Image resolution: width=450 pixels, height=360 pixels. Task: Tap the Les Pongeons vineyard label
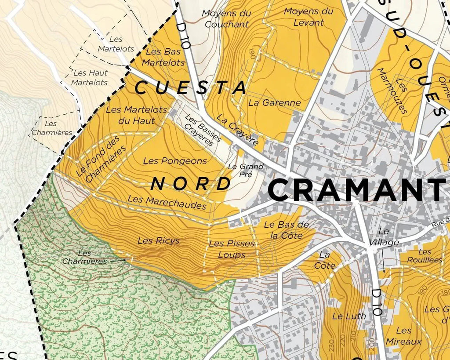pyautogui.click(x=175, y=161)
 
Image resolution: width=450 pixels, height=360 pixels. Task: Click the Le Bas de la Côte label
pyautogui.click(x=287, y=230)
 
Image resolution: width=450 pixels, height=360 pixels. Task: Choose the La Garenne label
pyautogui.click(x=275, y=103)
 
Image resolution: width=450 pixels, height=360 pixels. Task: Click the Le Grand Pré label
pyautogui.click(x=246, y=170)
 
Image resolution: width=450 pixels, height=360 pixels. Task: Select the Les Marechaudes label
pyautogui.click(x=167, y=202)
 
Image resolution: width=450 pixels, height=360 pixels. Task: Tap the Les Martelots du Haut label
pyautogui.click(x=136, y=115)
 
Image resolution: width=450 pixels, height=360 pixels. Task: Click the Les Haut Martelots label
pyautogui.click(x=90, y=77)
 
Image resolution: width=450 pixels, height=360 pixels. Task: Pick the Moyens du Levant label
pyautogui.click(x=308, y=17)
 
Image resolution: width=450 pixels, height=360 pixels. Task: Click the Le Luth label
pyautogui.click(x=343, y=316)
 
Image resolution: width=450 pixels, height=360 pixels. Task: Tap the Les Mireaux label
pyautogui.click(x=403, y=336)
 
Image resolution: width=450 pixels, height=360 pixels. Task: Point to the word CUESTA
pyautogui.click(x=190, y=87)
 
